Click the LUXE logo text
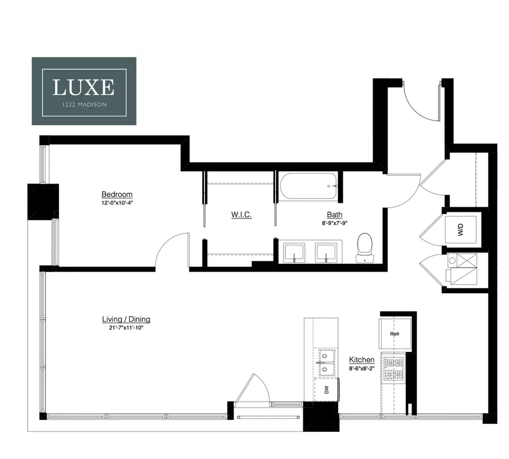[83, 87]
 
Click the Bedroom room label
[117, 194]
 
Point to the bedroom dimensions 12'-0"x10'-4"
[117, 203]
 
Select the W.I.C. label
[241, 215]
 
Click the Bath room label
[335, 215]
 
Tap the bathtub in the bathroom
[309, 186]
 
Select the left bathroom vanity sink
[294, 253]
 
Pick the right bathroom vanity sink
[326, 253]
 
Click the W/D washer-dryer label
[461, 229]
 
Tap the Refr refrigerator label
[394, 334]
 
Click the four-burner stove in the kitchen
[394, 369]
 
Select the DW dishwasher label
[327, 390]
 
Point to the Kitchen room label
[362, 360]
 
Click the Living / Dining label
[126, 319]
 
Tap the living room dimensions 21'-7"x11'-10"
[126, 328]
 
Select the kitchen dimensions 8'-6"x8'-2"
[362, 368]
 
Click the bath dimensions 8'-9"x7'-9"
[335, 223]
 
